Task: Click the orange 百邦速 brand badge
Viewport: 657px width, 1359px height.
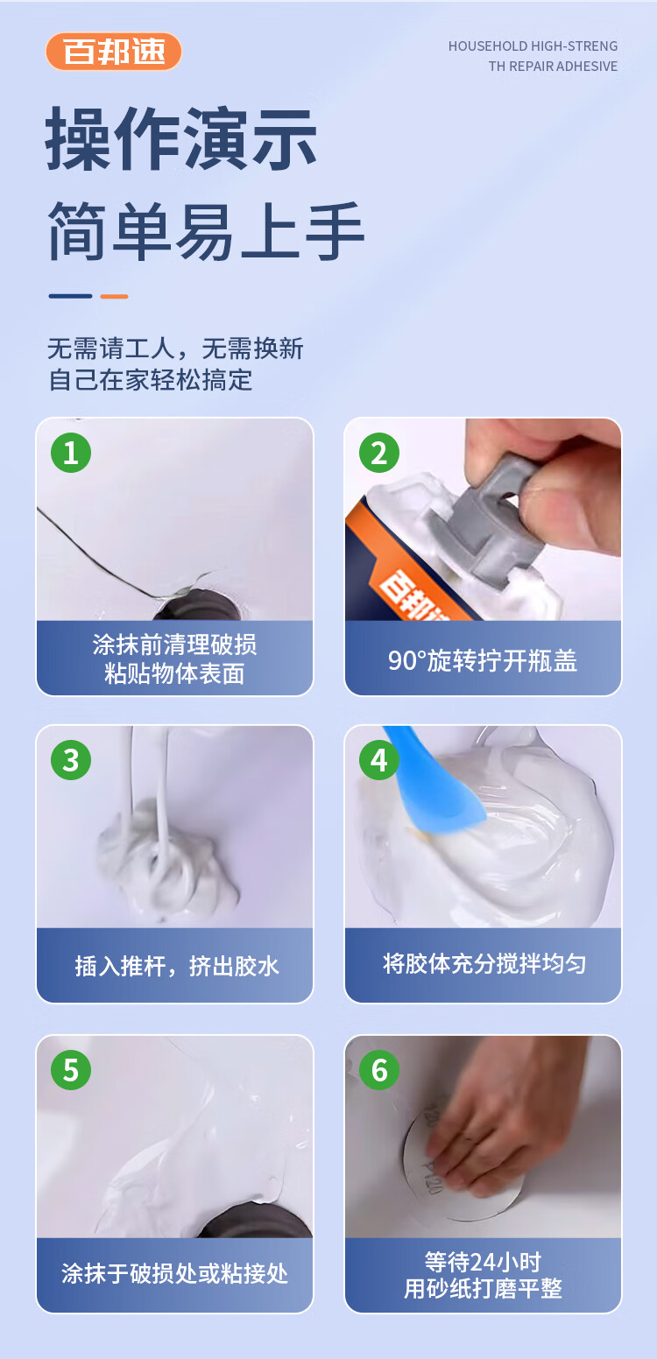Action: (x=114, y=52)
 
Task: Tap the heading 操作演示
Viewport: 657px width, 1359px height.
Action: (x=181, y=139)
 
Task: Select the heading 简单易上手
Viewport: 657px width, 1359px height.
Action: (x=206, y=231)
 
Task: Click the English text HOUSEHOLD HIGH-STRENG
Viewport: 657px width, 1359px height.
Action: (x=533, y=46)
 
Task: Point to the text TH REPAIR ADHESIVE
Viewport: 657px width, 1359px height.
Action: (x=553, y=67)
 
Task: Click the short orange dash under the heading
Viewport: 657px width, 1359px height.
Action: (x=114, y=296)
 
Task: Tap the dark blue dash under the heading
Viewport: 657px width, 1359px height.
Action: (x=70, y=296)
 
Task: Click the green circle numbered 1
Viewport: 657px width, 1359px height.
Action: (x=71, y=453)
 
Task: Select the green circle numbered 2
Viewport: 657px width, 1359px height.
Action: (x=379, y=453)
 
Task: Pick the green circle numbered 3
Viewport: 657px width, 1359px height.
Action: (x=71, y=759)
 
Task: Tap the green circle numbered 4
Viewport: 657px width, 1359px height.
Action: (x=379, y=759)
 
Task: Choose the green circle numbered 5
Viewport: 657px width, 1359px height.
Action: (x=71, y=1070)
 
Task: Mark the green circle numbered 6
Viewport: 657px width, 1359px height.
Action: (x=379, y=1070)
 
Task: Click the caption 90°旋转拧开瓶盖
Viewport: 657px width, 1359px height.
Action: (x=483, y=661)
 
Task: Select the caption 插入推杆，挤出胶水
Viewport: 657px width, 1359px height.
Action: (x=176, y=966)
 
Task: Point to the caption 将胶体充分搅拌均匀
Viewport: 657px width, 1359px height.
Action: (x=484, y=963)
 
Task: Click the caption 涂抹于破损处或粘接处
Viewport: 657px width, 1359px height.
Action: (x=175, y=1273)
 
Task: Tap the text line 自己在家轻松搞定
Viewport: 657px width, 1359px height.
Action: (x=151, y=380)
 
